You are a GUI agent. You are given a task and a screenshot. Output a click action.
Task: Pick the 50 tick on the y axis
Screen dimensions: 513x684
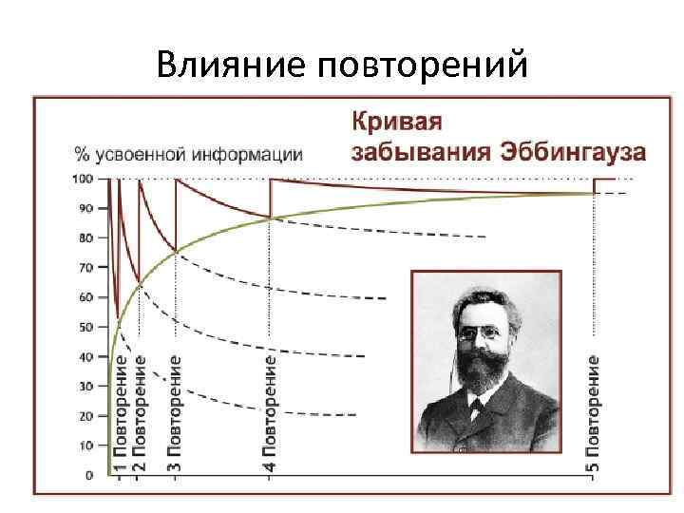click(86, 327)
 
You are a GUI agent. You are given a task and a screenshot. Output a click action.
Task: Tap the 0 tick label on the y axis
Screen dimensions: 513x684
click(89, 475)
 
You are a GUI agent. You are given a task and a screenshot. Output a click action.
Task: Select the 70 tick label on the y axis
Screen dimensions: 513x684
click(86, 268)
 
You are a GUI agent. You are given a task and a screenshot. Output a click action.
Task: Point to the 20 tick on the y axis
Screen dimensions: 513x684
click(86, 416)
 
